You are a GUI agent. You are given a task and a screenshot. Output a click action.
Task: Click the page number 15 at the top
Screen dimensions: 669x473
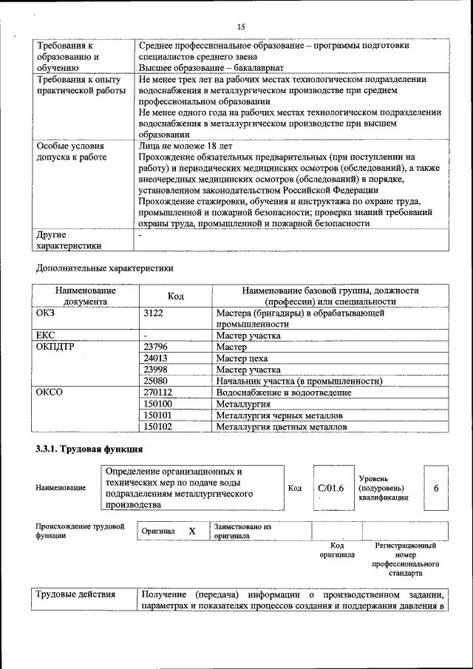coord(241,27)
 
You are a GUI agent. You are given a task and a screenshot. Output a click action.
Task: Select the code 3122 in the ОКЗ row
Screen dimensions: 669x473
coord(153,313)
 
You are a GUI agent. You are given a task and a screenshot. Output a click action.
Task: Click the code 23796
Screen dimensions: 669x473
coord(156,346)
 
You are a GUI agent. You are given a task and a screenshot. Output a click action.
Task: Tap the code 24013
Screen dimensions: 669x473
coord(156,358)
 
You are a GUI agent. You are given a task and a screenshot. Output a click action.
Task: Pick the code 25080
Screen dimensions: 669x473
coord(156,381)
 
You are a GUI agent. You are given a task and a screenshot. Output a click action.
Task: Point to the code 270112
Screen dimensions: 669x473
coord(158,393)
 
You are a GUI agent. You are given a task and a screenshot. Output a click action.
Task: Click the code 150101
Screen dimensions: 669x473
coord(158,415)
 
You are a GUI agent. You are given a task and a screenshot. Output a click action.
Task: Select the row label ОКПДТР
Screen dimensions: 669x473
coord(56,346)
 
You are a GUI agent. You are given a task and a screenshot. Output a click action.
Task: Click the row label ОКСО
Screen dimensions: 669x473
coord(50,393)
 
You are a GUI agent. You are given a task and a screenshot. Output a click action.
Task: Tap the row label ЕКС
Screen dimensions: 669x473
coord(46,335)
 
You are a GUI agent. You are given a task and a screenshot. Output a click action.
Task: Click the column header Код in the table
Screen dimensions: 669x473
coord(175,296)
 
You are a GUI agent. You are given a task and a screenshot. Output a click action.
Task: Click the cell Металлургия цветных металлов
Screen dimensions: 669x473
coord(280,427)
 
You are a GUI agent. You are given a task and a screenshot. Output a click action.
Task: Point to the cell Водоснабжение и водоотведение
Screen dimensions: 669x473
coord(283,393)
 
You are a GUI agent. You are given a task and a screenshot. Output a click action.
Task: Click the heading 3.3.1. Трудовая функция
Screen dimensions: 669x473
coord(89,449)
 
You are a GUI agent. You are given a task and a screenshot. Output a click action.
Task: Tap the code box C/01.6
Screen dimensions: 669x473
coord(330,488)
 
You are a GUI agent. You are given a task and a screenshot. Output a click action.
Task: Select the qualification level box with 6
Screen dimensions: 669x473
coord(436,488)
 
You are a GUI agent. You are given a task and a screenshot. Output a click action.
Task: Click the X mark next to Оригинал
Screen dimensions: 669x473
coord(192,531)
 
